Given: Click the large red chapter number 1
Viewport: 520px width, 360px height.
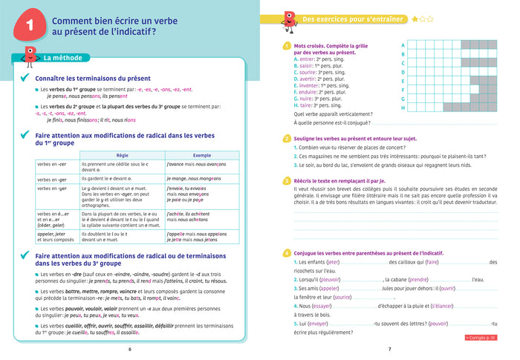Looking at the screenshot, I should pos(30,27).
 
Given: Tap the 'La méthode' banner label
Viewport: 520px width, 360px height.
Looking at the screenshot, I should pos(62,59).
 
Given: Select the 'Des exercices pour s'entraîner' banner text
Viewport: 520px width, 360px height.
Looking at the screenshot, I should pos(353,19).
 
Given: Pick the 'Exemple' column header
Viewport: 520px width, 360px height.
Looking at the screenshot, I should pos(201,154).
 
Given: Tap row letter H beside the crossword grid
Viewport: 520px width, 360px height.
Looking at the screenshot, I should pos(403,108).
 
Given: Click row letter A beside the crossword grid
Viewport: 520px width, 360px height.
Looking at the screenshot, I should pos(403,44).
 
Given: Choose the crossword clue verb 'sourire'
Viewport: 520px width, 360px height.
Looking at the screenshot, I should pos(312,72).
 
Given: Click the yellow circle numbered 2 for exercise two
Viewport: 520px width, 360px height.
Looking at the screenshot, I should pos(287,138).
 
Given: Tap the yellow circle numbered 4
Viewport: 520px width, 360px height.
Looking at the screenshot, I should pos(287,253).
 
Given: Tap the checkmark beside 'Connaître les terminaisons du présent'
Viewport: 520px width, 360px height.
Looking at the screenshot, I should pos(25,77).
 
